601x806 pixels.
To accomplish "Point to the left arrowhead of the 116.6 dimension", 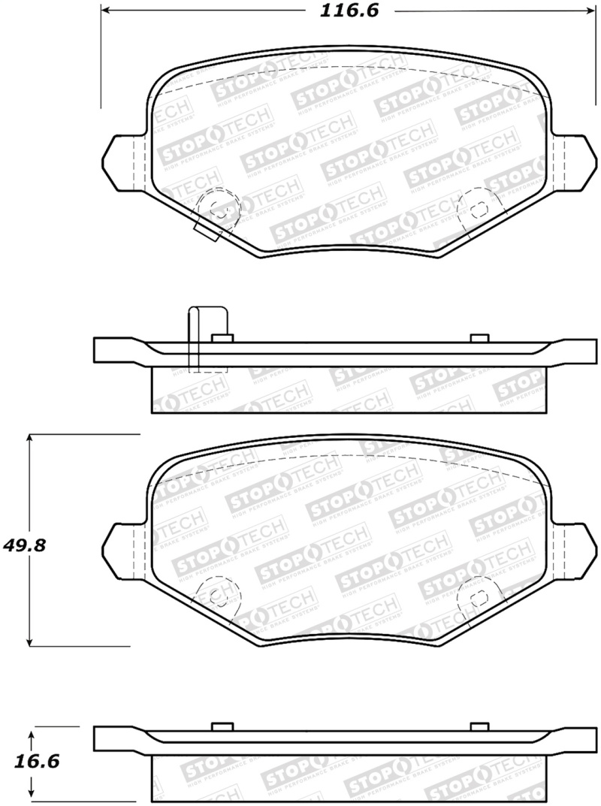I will pyautogui.click(x=106, y=11).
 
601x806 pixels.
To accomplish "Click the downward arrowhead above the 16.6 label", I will pyautogui.click(x=31, y=733).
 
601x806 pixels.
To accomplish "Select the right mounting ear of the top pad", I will pyautogui.click(x=574, y=161).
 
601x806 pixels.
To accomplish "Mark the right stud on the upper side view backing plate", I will pyautogui.click(x=479, y=337).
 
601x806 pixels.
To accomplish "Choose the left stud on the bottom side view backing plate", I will pyautogui.click(x=222, y=725).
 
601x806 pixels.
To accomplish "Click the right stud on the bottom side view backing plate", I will pyautogui.click(x=479, y=725).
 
